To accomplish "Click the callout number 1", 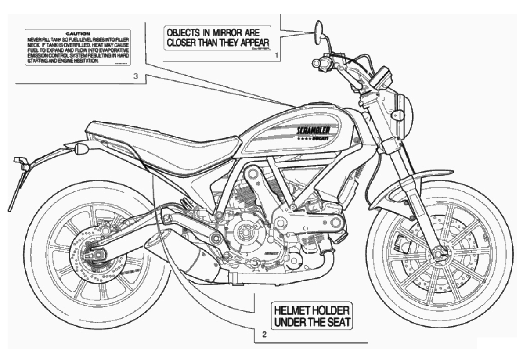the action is pyautogui.click(x=277, y=56).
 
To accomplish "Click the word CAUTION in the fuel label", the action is pyautogui.click(x=78, y=33).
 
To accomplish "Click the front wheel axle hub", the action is pyautogui.click(x=438, y=253).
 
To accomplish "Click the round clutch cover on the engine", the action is pyautogui.click(x=245, y=230).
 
